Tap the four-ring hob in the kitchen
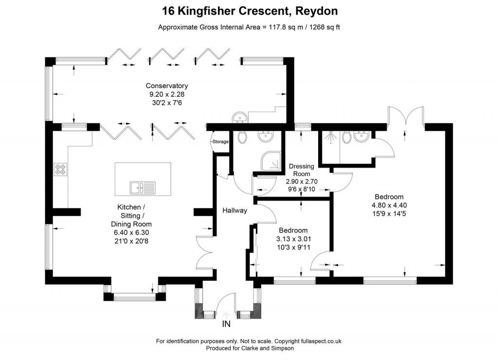click(60, 170)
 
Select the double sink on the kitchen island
click(142, 186)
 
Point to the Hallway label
click(235, 211)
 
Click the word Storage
click(220, 142)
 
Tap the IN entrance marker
click(226, 324)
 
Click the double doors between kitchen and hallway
click(204, 246)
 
